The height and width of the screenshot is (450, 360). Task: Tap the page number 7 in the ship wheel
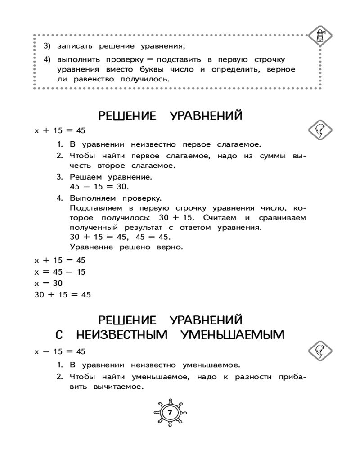click(x=170, y=412)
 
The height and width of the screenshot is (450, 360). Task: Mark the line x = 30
click(x=48, y=283)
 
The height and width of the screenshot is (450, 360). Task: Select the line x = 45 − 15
click(x=60, y=272)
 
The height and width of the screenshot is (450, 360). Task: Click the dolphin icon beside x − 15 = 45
click(x=321, y=350)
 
